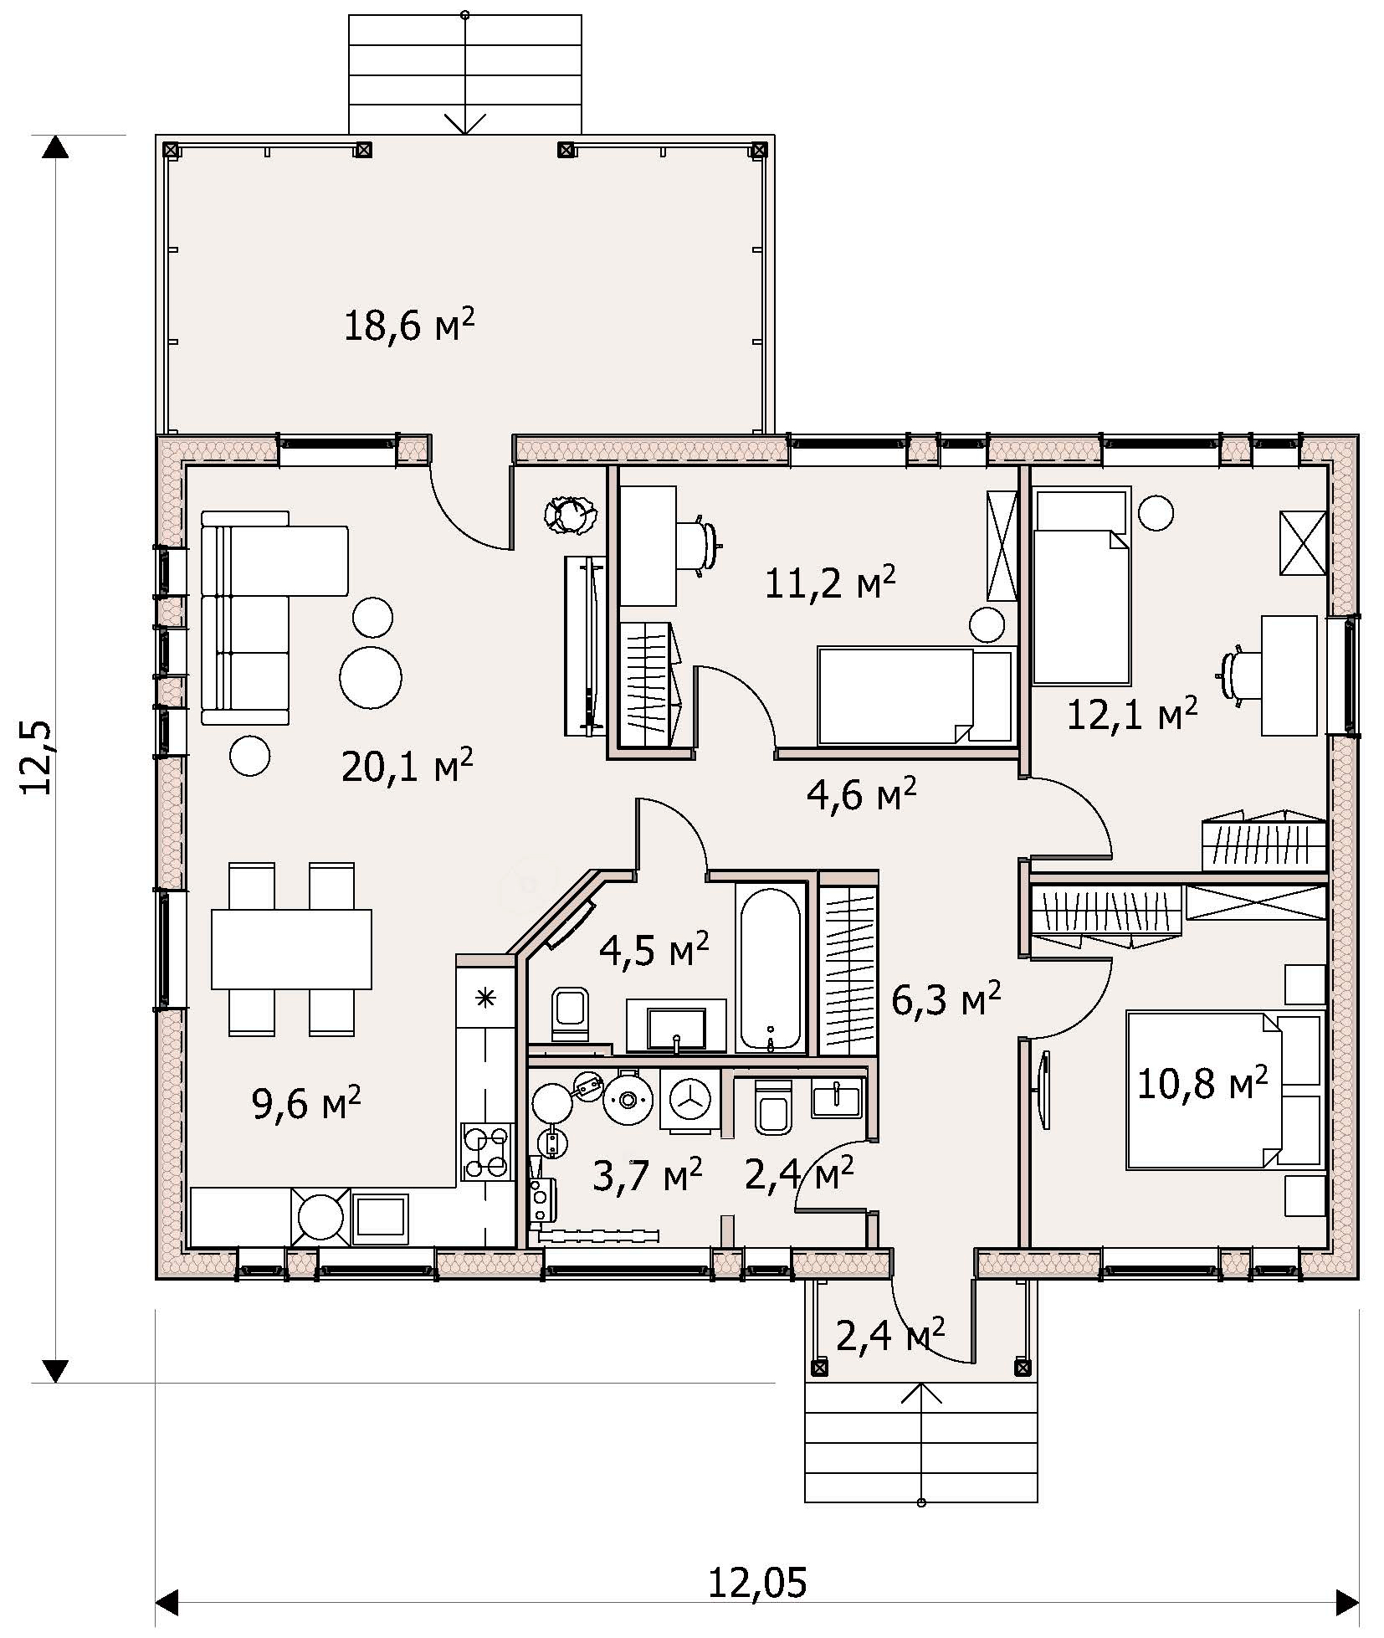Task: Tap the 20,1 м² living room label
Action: click(408, 764)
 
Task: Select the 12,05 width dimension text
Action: click(758, 1583)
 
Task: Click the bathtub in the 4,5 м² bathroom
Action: click(771, 968)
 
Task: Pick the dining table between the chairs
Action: click(291, 949)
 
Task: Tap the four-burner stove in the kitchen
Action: click(486, 1152)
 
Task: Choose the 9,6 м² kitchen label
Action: click(306, 1104)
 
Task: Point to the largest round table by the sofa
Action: click(371, 676)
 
